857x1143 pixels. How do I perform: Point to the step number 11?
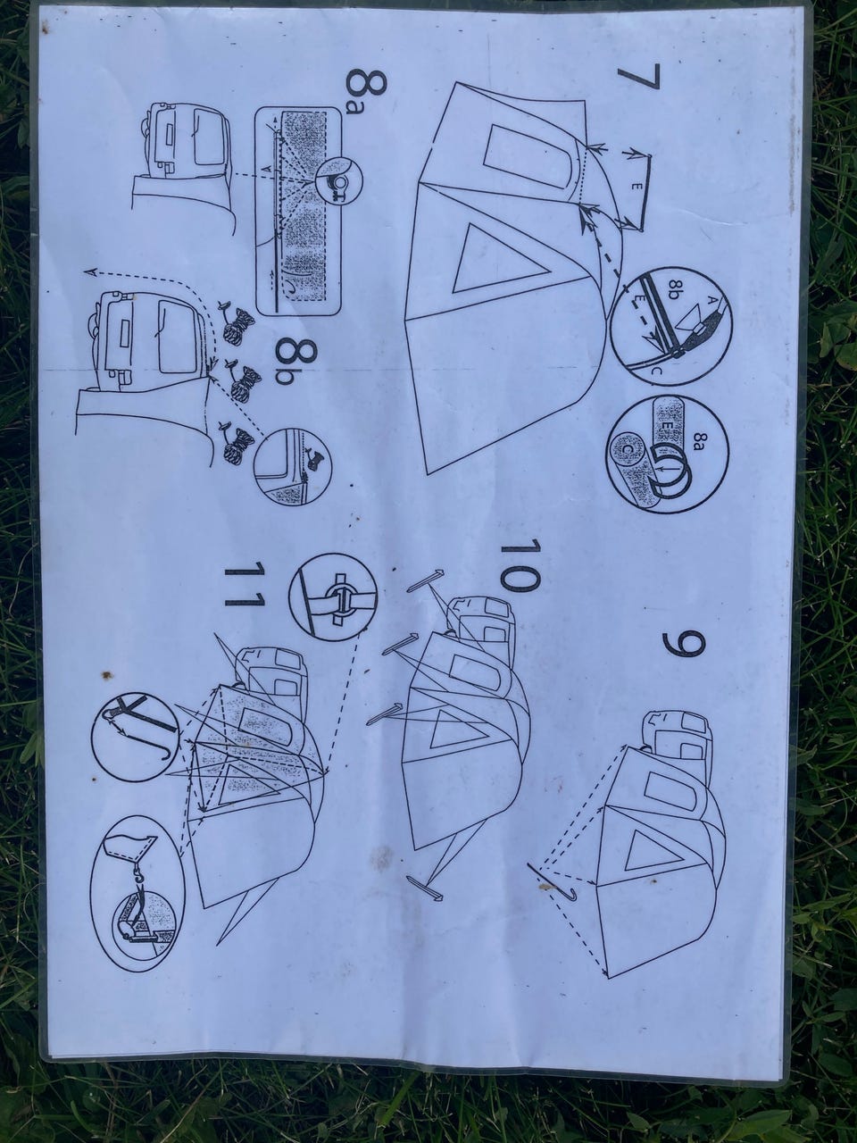tap(244, 584)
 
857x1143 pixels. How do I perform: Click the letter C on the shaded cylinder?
tap(628, 449)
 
